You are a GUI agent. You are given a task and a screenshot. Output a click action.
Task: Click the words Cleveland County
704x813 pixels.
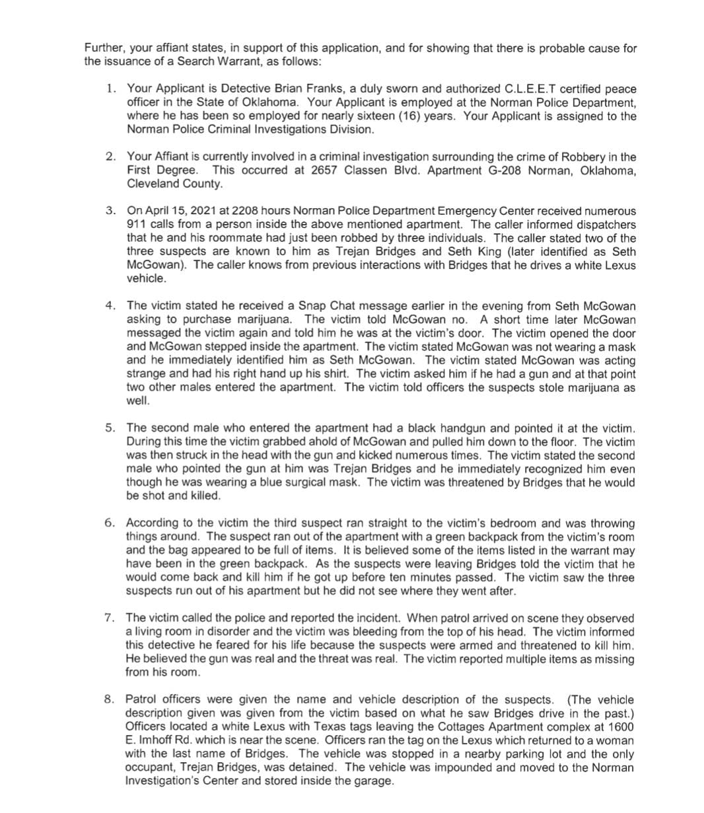click(174, 184)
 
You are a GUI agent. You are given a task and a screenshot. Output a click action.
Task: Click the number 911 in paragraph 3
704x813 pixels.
click(136, 225)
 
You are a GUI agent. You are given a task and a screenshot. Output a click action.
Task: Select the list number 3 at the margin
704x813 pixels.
click(110, 211)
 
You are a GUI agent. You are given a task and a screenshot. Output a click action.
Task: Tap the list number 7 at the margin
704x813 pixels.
click(110, 618)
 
